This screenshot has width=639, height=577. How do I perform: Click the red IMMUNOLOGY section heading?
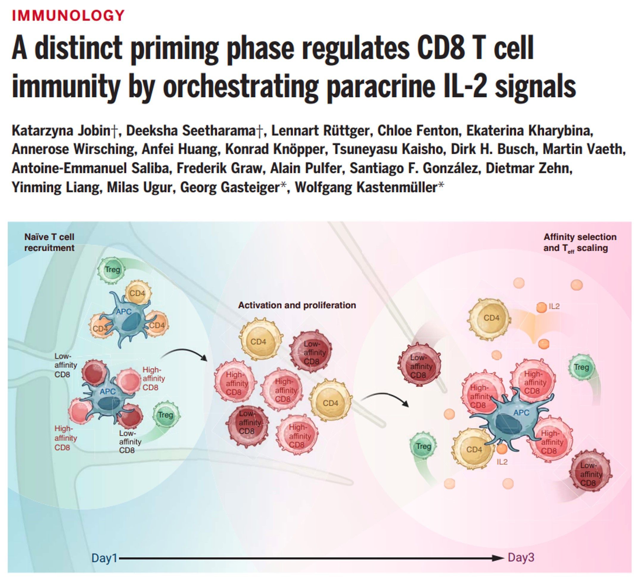click(x=68, y=15)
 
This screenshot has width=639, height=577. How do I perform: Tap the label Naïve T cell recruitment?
click(x=49, y=242)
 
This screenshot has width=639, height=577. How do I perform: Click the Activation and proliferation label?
click(x=297, y=305)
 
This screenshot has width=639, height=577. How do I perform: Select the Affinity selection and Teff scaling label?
click(x=579, y=242)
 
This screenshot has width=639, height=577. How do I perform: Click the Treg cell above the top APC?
click(x=112, y=270)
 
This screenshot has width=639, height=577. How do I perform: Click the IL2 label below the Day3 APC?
click(x=502, y=462)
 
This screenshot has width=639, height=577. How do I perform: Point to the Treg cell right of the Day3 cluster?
click(x=581, y=367)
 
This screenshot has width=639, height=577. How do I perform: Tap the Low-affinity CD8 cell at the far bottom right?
click(x=590, y=474)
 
